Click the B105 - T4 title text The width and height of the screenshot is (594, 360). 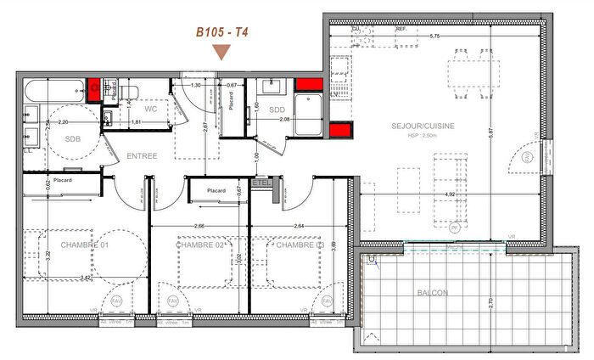pyautogui.click(x=221, y=32)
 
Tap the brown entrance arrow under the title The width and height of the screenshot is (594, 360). pyautogui.click(x=221, y=53)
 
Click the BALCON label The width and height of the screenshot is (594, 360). pyautogui.click(x=432, y=293)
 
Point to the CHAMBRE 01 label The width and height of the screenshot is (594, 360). pyautogui.click(x=85, y=245)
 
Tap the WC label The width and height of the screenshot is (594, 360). pyautogui.click(x=150, y=109)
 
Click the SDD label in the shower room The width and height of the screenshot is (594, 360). pyautogui.click(x=276, y=109)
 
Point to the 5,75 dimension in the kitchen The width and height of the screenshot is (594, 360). pyautogui.click(x=434, y=37)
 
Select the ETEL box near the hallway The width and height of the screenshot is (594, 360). pyautogui.click(x=262, y=182)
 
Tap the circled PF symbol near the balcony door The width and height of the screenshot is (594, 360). pyautogui.click(x=455, y=228)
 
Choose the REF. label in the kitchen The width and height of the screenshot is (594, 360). pyautogui.click(x=401, y=29)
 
